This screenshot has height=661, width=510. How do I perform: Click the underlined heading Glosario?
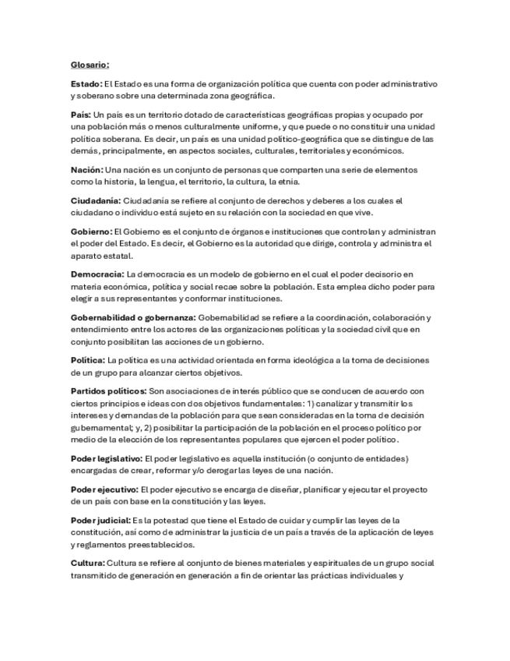[x=90, y=65]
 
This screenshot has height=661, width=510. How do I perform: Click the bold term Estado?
[x=86, y=83]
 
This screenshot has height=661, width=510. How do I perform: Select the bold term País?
[x=80, y=115]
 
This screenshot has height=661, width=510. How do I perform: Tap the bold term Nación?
[x=86, y=169]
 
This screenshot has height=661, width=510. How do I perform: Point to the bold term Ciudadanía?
[x=95, y=200]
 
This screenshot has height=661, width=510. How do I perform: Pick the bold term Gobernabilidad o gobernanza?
[x=133, y=317]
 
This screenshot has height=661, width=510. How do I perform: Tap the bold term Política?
[x=87, y=360]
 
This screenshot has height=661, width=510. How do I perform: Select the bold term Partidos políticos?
[x=108, y=391]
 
